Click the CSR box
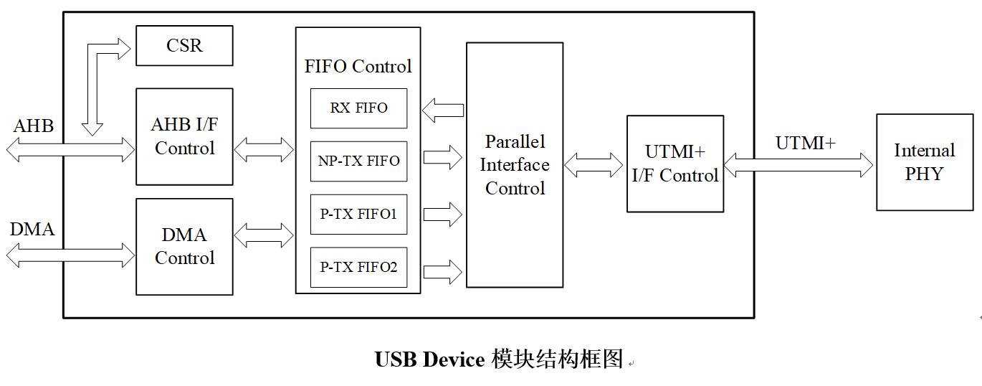pos(184,46)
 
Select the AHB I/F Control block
pos(184,136)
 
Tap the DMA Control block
pos(184,246)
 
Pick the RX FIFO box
pos(358,108)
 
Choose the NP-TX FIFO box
pos(358,161)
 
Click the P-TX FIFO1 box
pos(358,214)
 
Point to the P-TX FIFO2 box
pos(358,267)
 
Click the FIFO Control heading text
pos(358,67)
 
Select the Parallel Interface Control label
pos(514,165)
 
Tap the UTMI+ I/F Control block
pos(674,164)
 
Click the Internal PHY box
pos(924,162)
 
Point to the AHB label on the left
pos(34,126)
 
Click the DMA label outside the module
pos(32,230)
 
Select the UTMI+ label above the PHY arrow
pos(805,143)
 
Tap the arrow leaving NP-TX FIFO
pos(443,158)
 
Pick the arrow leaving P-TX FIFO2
pos(443,271)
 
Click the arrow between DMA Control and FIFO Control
pos(264,235)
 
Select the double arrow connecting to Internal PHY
pos(799,165)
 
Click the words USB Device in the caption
pos(429,359)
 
